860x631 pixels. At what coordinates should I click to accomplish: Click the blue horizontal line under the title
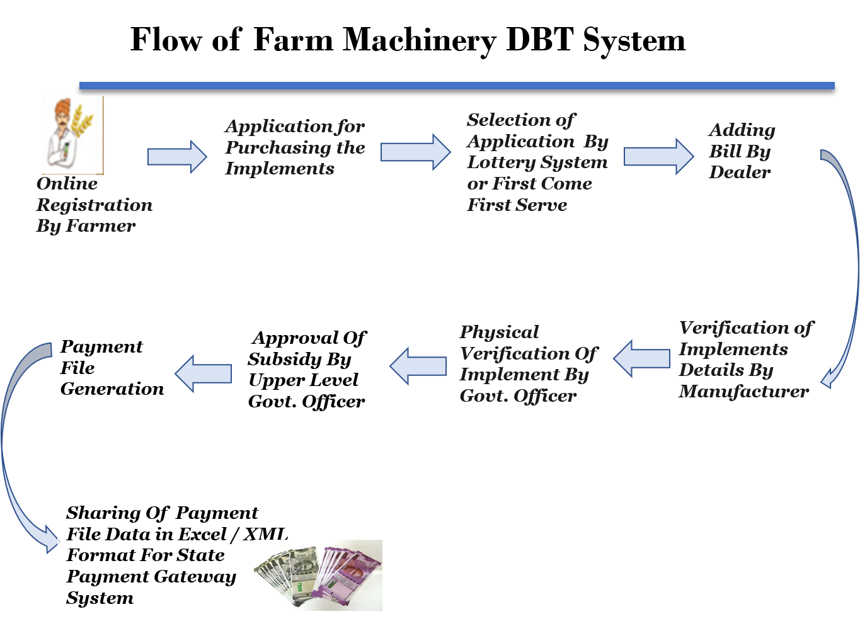pos(457,86)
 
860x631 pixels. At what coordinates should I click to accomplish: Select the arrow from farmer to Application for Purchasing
pos(177,157)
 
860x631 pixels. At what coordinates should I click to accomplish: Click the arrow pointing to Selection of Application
pos(415,152)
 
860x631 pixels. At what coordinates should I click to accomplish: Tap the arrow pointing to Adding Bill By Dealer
pos(659,156)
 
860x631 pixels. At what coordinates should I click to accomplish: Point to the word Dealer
pos(740,172)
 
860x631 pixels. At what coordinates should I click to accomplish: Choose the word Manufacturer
pos(743,391)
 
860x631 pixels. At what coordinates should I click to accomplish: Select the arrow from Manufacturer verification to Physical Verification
pos(641,358)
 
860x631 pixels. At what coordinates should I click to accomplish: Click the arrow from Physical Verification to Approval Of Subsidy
pos(418,366)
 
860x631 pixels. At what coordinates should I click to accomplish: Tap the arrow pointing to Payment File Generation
pos(203,373)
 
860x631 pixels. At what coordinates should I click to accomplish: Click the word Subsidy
pos(284,360)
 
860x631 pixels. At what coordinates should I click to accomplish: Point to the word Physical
pos(499,333)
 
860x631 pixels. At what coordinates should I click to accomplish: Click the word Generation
pos(112,389)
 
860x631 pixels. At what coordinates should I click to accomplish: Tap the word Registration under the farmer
pos(95,205)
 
